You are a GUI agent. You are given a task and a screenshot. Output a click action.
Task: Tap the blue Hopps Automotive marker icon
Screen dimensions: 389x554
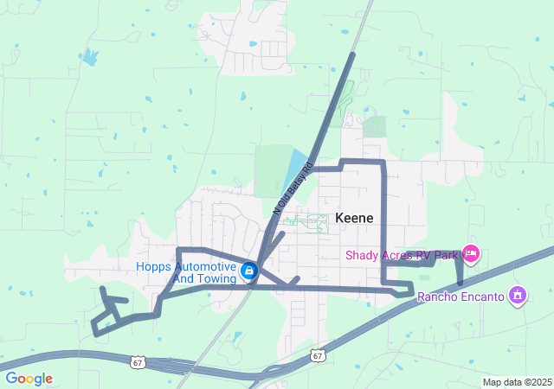(x=249, y=271)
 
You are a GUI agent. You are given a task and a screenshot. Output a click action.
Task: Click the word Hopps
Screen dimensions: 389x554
(x=153, y=266)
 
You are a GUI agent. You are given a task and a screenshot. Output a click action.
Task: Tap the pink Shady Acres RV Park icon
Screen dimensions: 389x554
(x=471, y=253)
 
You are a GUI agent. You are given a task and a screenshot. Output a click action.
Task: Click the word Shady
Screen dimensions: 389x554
(x=362, y=255)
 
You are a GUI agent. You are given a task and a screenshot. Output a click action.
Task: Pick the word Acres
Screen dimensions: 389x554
(x=399, y=255)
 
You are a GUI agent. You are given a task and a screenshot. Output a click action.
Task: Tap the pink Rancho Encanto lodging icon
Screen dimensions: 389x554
(x=518, y=296)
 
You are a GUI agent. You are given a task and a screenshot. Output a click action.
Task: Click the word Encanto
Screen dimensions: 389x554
(x=480, y=297)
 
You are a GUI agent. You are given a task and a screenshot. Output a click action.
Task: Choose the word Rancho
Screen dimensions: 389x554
(x=437, y=297)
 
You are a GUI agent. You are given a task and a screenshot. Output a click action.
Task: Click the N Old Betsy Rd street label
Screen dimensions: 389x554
(x=291, y=192)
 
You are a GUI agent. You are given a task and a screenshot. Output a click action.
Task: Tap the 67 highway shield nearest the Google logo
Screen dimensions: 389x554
(x=138, y=362)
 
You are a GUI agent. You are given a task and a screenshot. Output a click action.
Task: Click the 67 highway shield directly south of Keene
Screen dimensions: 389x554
(x=318, y=355)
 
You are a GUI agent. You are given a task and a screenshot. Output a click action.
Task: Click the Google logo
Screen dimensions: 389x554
(x=29, y=379)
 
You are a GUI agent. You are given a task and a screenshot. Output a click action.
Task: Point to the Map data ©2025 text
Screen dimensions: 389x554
(x=516, y=382)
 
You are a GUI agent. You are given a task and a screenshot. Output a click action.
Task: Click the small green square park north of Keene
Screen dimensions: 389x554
(x=374, y=127)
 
